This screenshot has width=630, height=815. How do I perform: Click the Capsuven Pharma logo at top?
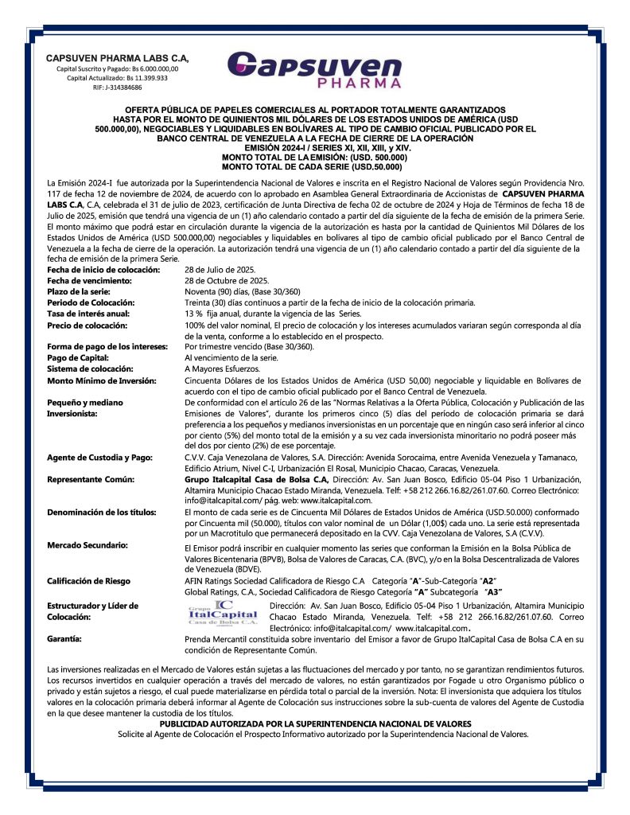314,70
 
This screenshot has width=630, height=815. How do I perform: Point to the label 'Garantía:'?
66,638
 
